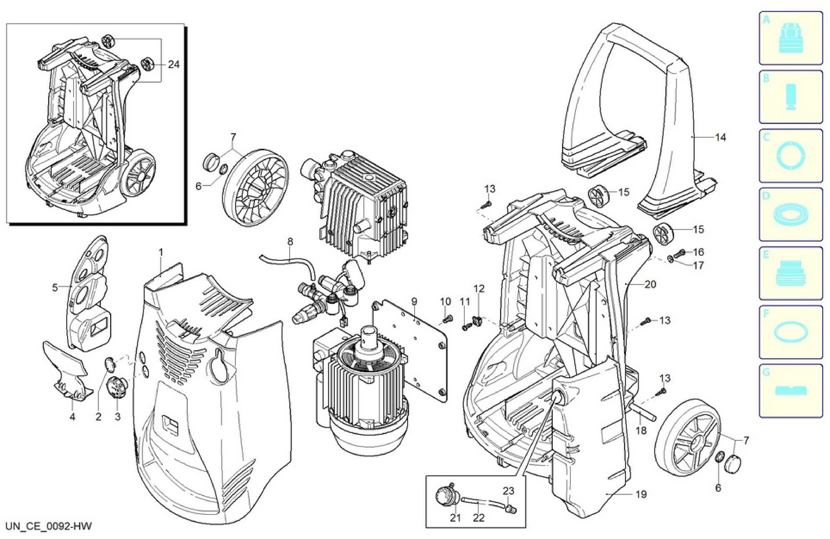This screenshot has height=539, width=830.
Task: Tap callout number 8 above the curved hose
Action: pos(290,241)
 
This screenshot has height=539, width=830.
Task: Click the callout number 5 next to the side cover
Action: pos(55,288)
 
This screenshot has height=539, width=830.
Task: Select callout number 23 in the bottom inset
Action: pos(508,491)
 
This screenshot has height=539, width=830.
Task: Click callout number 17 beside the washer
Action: pos(699,266)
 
